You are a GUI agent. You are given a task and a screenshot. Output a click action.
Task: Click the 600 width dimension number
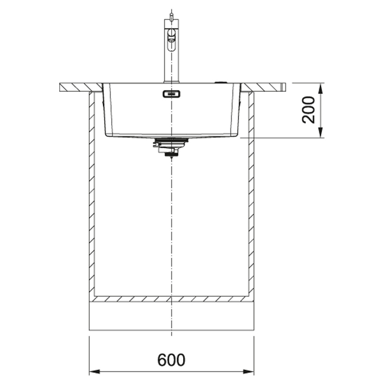point(171,360)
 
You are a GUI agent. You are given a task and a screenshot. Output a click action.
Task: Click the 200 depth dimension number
point(308,110)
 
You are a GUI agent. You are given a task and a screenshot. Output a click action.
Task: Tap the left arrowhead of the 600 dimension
point(95,372)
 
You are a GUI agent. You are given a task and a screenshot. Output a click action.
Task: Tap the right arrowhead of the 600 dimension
point(248,372)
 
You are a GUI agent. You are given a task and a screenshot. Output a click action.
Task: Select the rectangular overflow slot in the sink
point(172,94)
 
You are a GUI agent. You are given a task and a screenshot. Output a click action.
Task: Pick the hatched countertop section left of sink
point(81,87)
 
